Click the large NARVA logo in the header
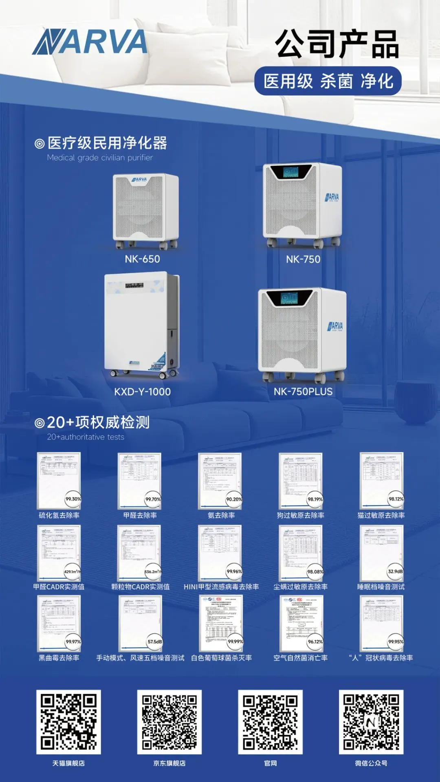[90, 42]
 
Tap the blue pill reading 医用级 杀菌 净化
[328, 81]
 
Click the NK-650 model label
[142, 259]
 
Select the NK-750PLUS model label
[303, 392]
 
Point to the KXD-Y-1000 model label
[142, 392]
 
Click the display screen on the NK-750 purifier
[291, 172]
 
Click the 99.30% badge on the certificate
[73, 499]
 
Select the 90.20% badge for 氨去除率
[234, 499]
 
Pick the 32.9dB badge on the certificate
[395, 571]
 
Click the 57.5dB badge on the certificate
[154, 642]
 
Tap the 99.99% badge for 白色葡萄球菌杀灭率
[235, 642]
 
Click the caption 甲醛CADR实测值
[59, 587]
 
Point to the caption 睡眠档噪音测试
[381, 587]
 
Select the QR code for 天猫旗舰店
[68, 722]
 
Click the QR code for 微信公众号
[371, 722]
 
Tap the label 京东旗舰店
[169, 763]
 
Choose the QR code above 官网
[270, 722]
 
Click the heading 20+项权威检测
[98, 422]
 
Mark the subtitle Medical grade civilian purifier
[100, 158]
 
